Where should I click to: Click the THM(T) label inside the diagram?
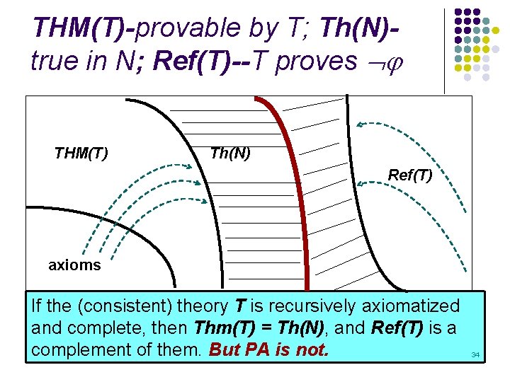[81, 153]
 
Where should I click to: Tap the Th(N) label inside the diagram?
[230, 153]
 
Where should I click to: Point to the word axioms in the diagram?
[74, 265]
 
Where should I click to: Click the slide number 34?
[475, 354]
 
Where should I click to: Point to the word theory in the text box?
[198, 306]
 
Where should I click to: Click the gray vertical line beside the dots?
[444, 50]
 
